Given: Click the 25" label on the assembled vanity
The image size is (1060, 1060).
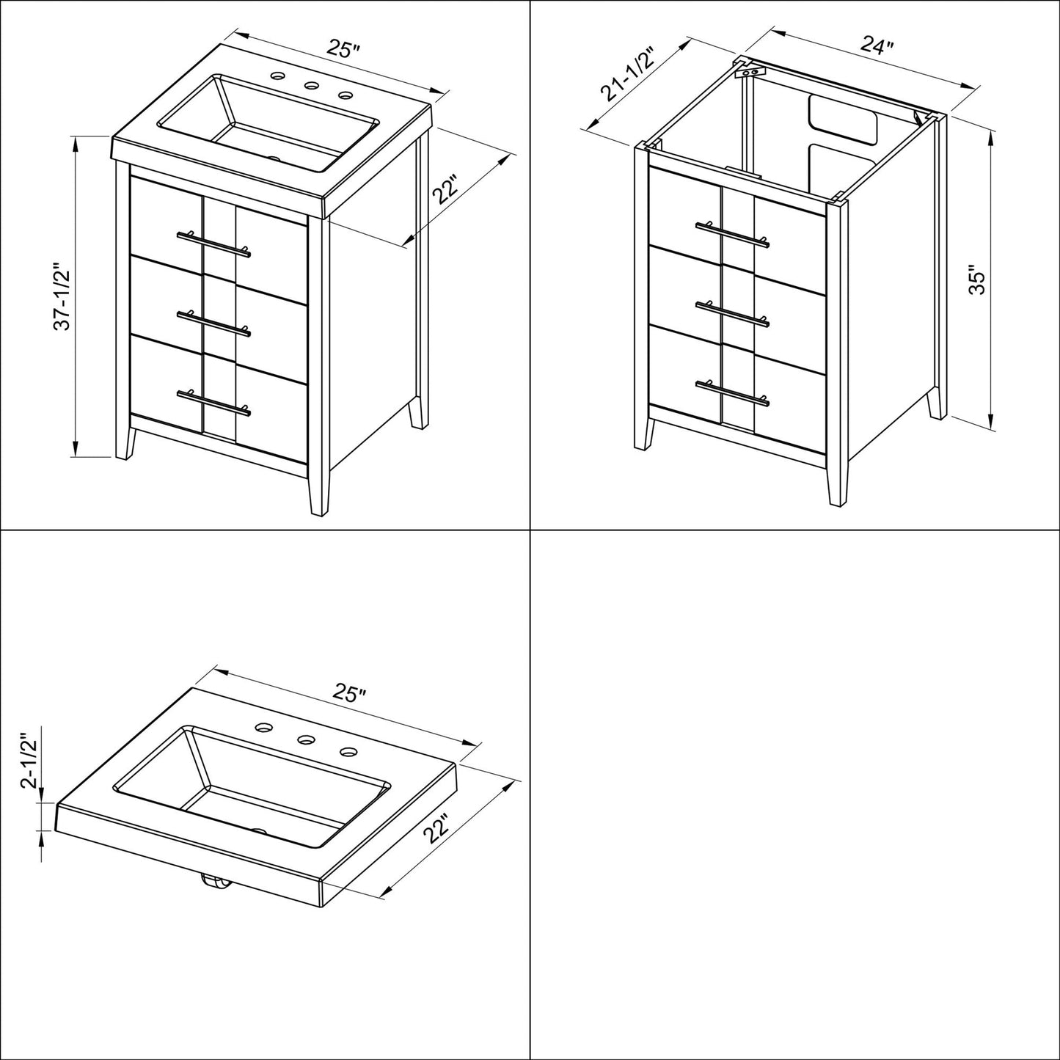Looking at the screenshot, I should (x=343, y=50).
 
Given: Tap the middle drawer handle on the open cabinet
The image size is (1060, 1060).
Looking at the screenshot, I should (x=732, y=312).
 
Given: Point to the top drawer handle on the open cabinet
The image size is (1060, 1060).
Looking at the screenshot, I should (x=732, y=233).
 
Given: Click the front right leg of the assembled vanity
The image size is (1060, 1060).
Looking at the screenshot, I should (x=318, y=491).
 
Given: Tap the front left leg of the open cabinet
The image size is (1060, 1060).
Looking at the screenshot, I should (x=644, y=433).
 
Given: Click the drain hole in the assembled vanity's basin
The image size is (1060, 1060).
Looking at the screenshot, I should (x=276, y=157).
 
